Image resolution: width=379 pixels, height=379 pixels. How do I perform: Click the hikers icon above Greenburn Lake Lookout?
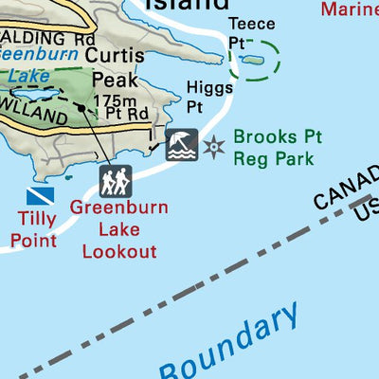tap(116, 180)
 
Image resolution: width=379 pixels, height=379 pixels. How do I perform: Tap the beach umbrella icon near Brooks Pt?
tap(182, 145)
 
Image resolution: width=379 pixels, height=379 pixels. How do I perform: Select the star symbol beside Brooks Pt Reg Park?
tap(215, 147)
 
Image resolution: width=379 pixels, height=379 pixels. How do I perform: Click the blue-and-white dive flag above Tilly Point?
tap(40, 195)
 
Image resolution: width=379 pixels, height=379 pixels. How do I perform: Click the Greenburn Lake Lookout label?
tap(118, 228)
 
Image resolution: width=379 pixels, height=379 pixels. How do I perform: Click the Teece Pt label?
tap(251, 33)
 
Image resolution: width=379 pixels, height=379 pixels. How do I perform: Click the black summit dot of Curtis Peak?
tap(82, 109)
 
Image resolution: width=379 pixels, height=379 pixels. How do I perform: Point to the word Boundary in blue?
tap(230, 347)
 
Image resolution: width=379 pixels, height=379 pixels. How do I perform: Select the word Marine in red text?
tap(349, 9)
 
